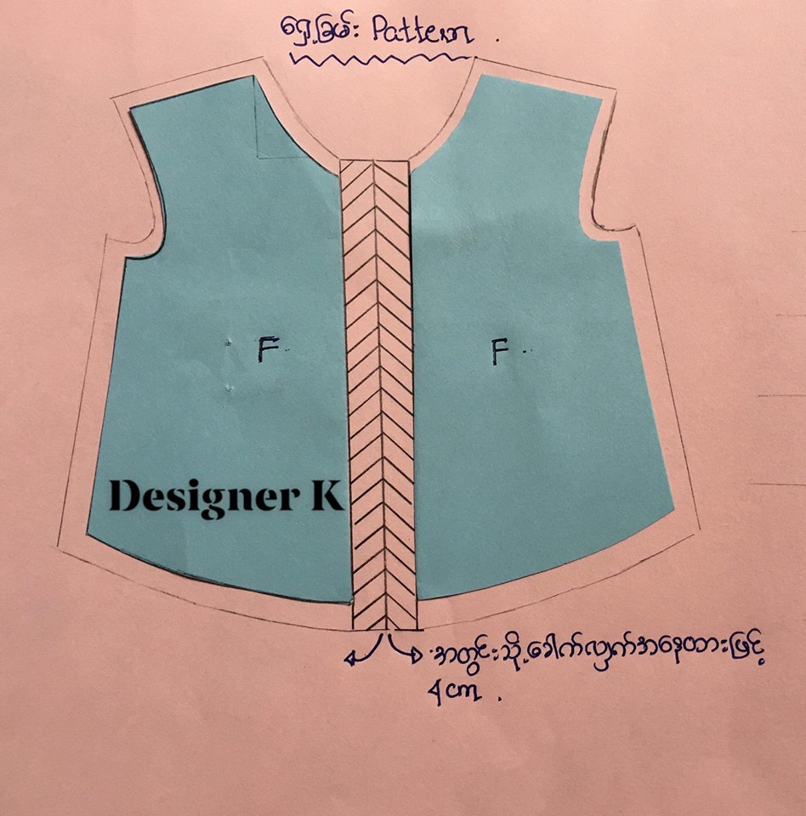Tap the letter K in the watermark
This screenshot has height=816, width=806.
tap(327, 495)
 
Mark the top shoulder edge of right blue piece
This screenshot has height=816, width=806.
tap(542, 87)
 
